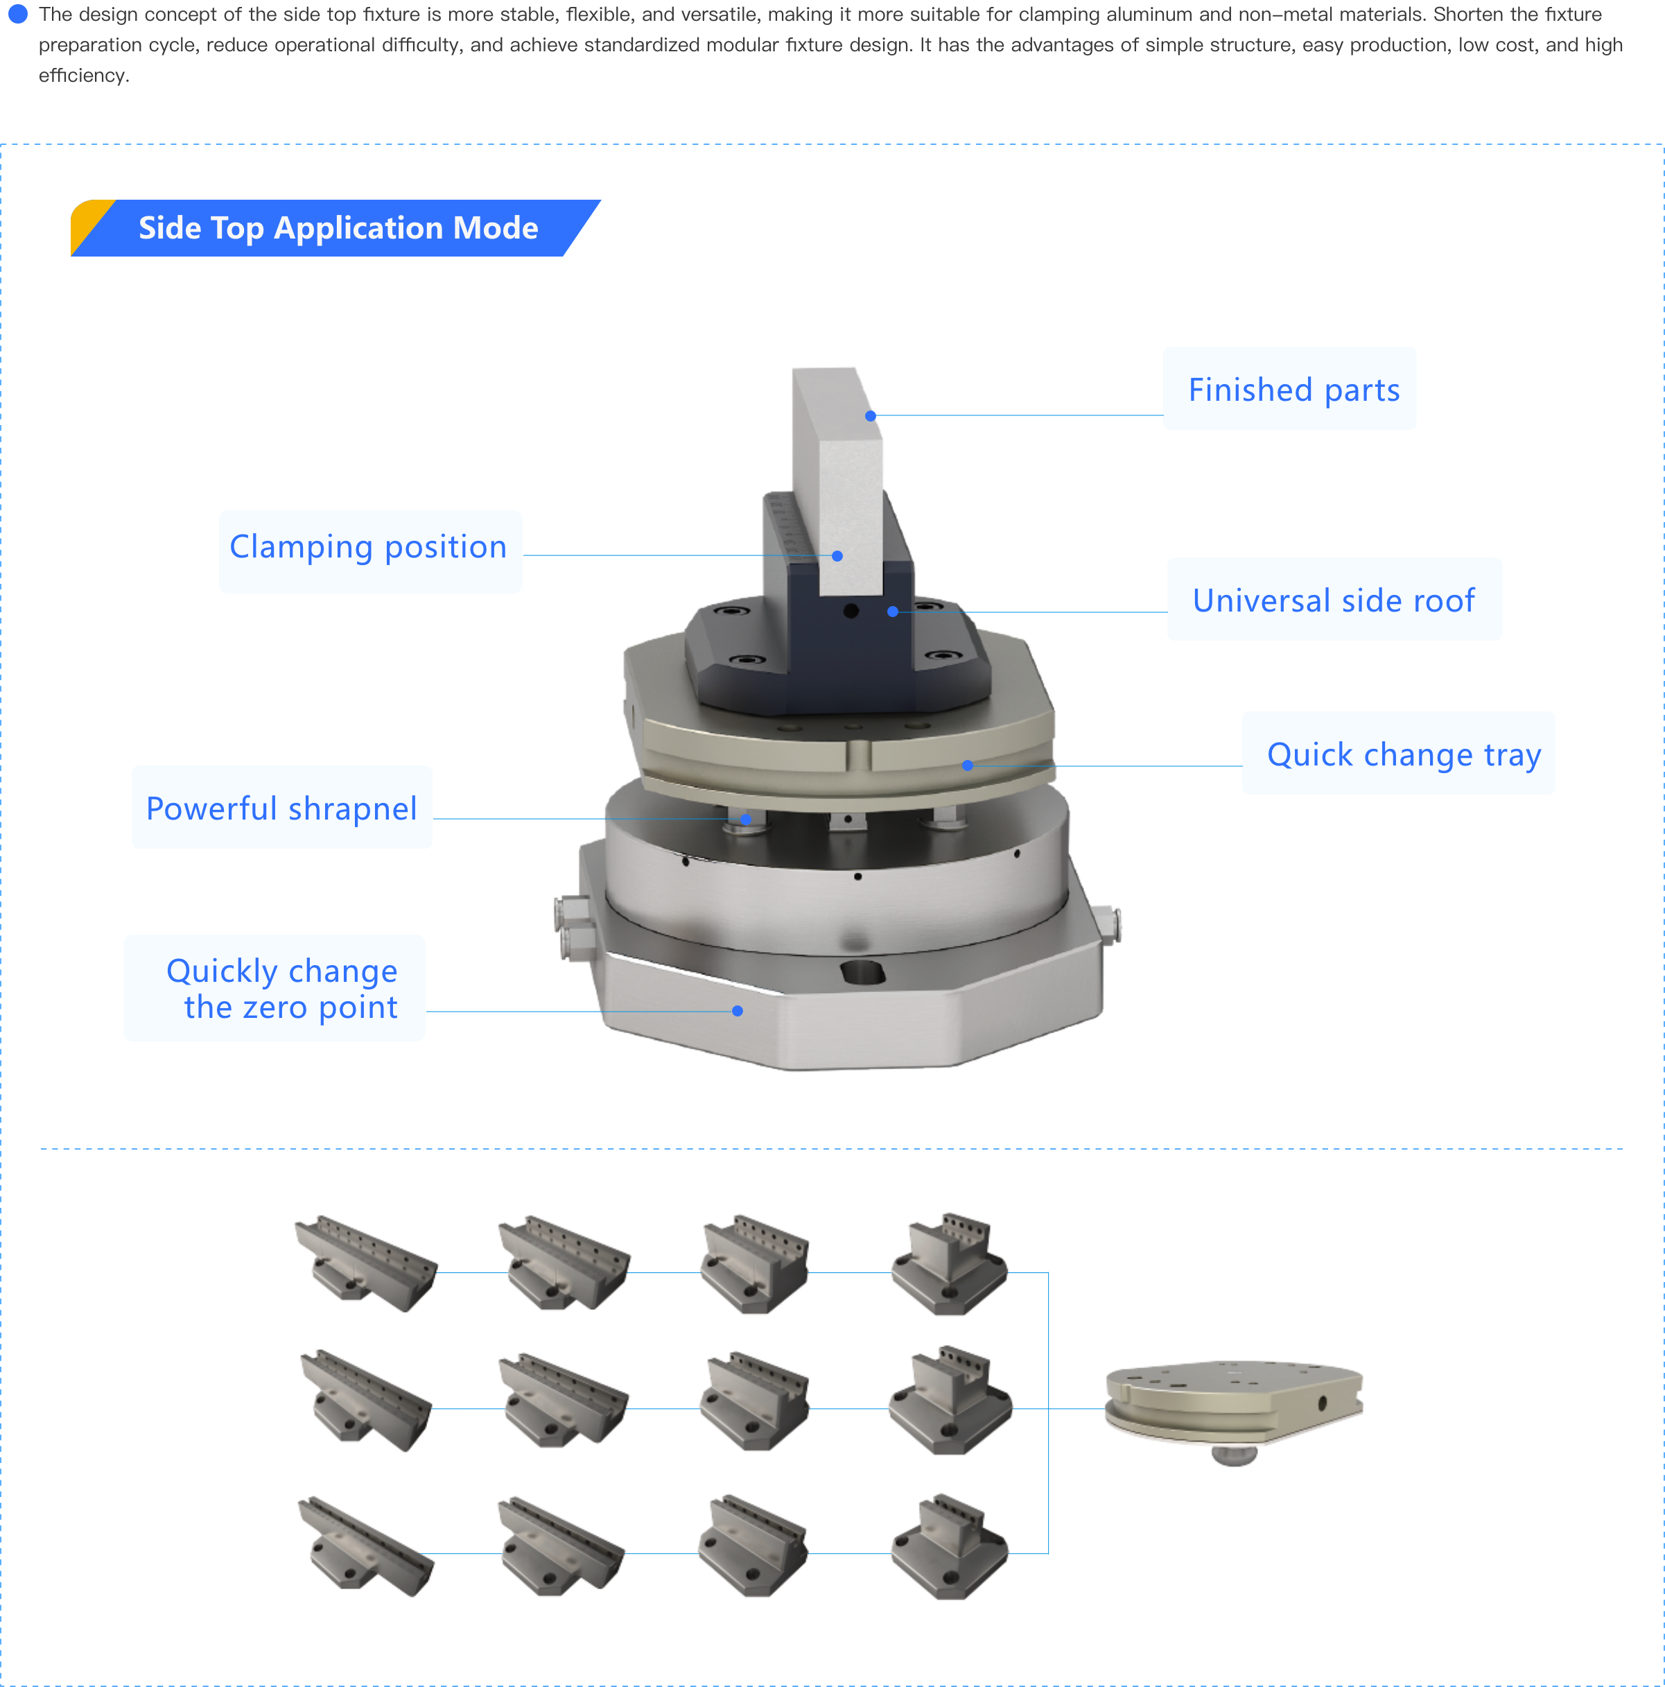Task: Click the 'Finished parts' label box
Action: click(x=1289, y=388)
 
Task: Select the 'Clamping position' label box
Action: click(x=370, y=552)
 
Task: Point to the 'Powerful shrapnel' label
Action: click(x=281, y=807)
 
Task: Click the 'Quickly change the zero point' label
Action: click(x=274, y=987)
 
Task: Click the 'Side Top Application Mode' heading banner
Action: click(x=338, y=228)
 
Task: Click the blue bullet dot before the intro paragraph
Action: click(x=17, y=14)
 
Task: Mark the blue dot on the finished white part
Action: click(x=870, y=415)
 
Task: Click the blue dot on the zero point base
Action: click(x=737, y=1010)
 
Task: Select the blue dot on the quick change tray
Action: click(x=966, y=765)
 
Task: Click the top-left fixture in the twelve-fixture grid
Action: click(x=365, y=1263)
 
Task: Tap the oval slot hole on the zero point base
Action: click(x=861, y=971)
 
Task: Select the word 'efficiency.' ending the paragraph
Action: click(x=84, y=76)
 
